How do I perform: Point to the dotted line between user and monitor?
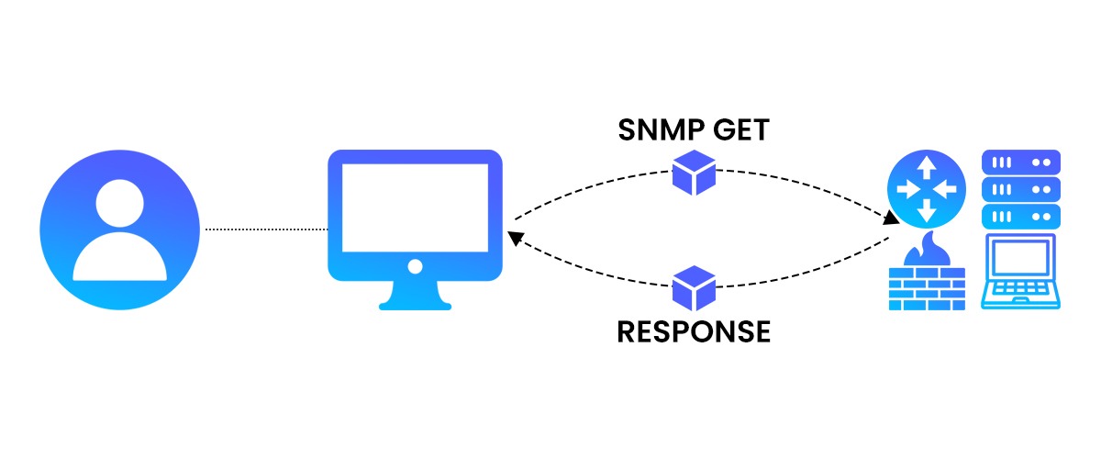tap(266, 229)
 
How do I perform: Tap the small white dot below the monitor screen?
tap(415, 266)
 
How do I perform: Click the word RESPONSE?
tap(694, 330)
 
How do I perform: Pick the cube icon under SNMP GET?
tap(694, 173)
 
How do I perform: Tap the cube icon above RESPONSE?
tap(694, 288)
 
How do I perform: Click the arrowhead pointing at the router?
tap(890, 220)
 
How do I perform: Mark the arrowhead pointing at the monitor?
tap(516, 239)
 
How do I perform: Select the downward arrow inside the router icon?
tap(926, 212)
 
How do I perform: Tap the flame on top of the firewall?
tap(926, 247)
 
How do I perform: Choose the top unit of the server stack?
tap(1021, 162)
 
